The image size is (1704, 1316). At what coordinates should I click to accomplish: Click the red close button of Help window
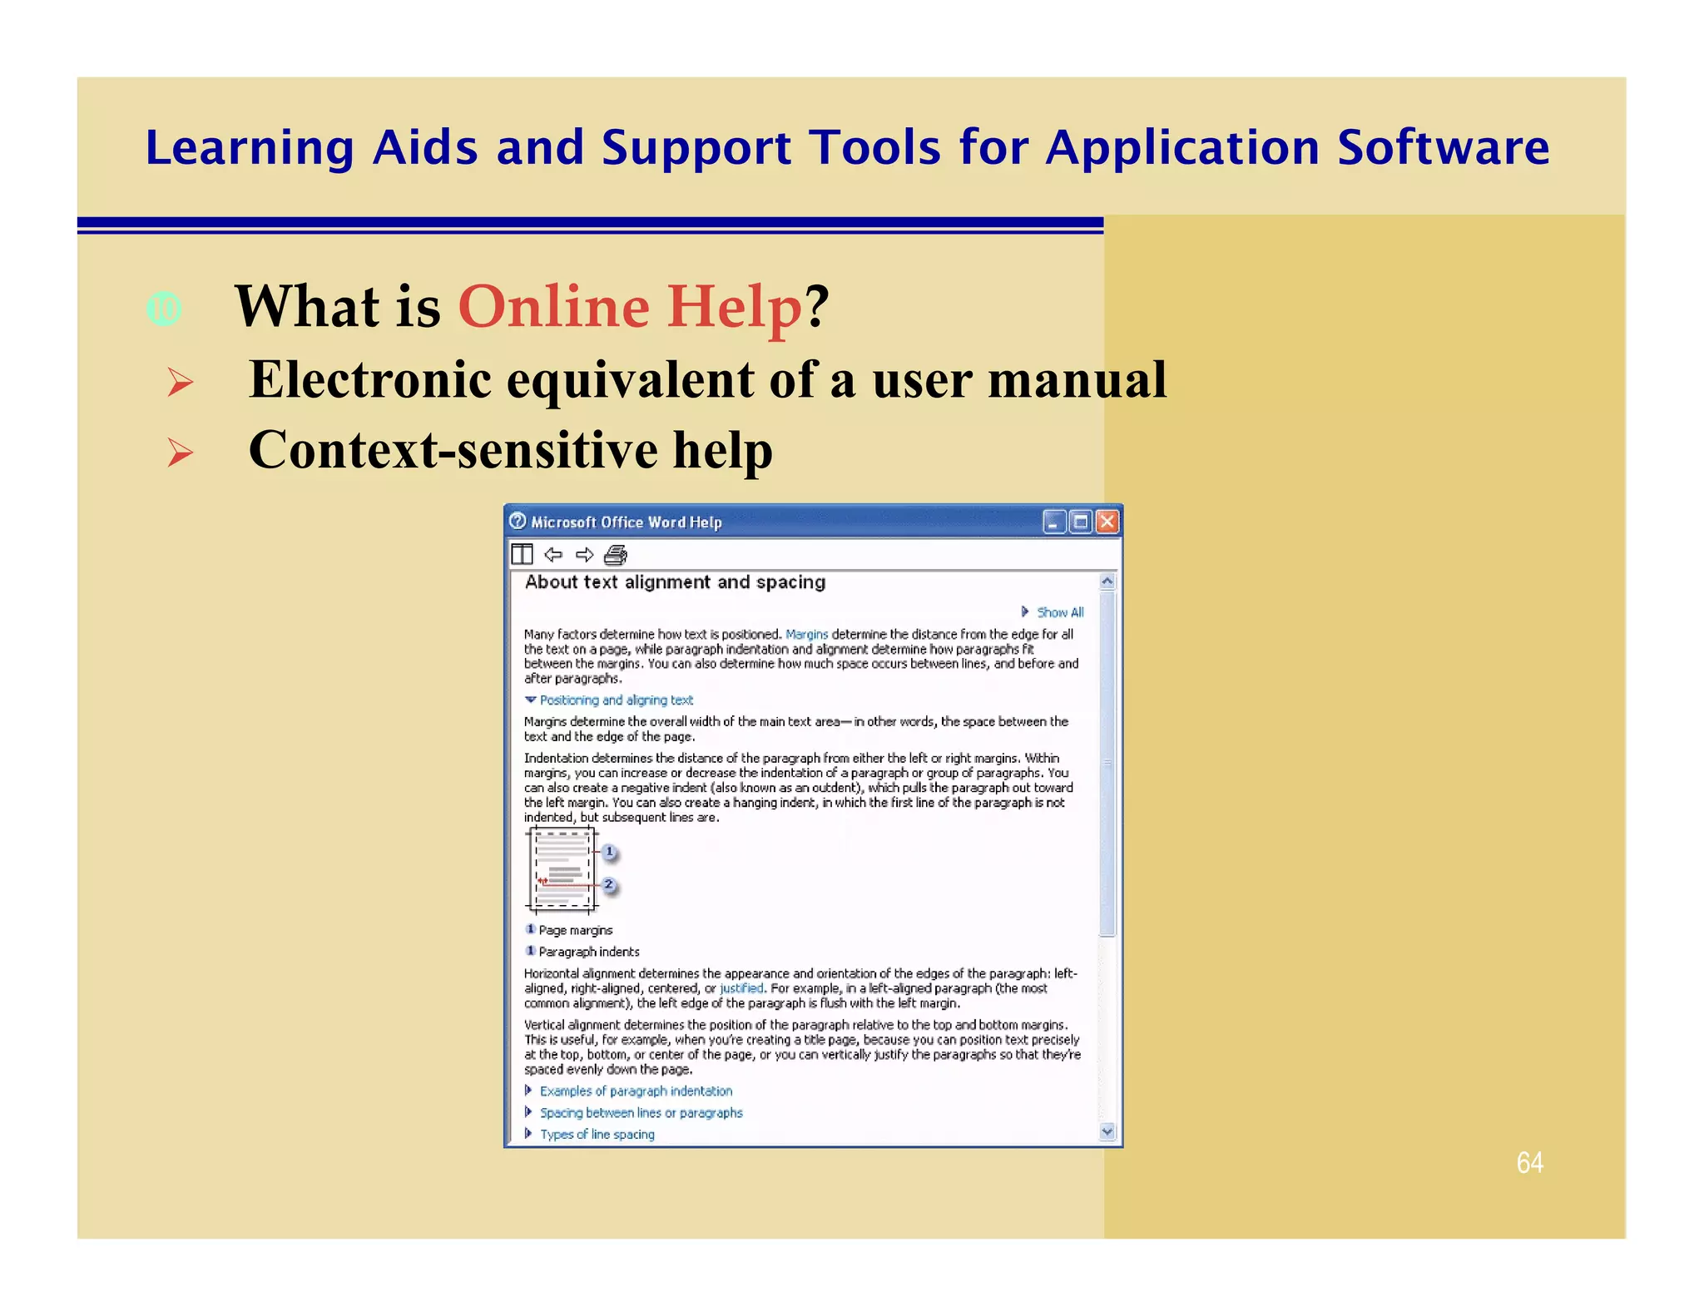pos(1107,522)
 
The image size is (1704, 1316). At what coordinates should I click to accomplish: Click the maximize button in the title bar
pos(1081,522)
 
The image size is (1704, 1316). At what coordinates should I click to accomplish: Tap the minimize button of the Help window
pos(1054,522)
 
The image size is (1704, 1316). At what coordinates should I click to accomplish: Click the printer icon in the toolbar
pos(616,555)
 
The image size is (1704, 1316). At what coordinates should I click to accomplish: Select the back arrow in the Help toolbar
pos(553,555)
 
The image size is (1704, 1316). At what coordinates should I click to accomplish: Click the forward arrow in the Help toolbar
pos(585,555)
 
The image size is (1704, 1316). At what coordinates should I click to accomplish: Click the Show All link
pos(1059,612)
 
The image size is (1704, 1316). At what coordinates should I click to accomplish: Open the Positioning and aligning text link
pos(616,700)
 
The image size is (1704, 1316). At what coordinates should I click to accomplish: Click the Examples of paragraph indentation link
pos(636,1091)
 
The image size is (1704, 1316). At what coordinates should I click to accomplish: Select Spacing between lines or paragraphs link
pos(641,1112)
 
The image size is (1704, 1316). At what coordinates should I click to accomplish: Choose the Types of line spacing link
pos(597,1134)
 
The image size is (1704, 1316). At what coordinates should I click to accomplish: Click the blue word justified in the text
pos(741,988)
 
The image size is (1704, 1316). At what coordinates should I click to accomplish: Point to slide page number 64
pos(1529,1162)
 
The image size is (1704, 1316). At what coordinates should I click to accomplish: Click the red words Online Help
pos(630,306)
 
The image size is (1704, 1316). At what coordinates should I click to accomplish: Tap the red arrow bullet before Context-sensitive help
pos(180,453)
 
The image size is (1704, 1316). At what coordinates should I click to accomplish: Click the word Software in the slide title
pos(1443,148)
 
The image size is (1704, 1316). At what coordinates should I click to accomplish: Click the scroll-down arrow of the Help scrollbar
pos(1107,1130)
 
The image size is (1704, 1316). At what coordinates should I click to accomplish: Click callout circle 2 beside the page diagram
pos(609,884)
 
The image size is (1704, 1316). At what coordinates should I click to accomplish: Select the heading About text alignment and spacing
pos(675,582)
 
